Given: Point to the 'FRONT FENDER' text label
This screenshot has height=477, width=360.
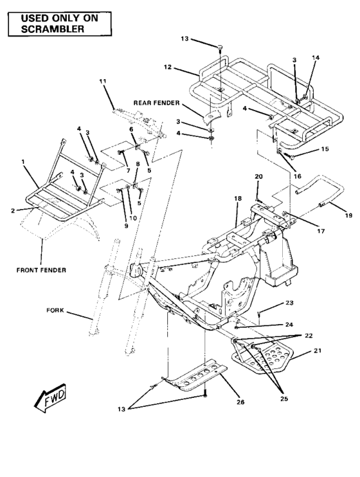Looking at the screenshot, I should (x=41, y=252).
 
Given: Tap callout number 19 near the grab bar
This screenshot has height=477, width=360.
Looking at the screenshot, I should (x=348, y=215).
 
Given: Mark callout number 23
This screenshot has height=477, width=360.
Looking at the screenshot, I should (x=271, y=303).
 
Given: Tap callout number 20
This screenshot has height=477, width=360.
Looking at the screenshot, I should (x=258, y=177).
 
